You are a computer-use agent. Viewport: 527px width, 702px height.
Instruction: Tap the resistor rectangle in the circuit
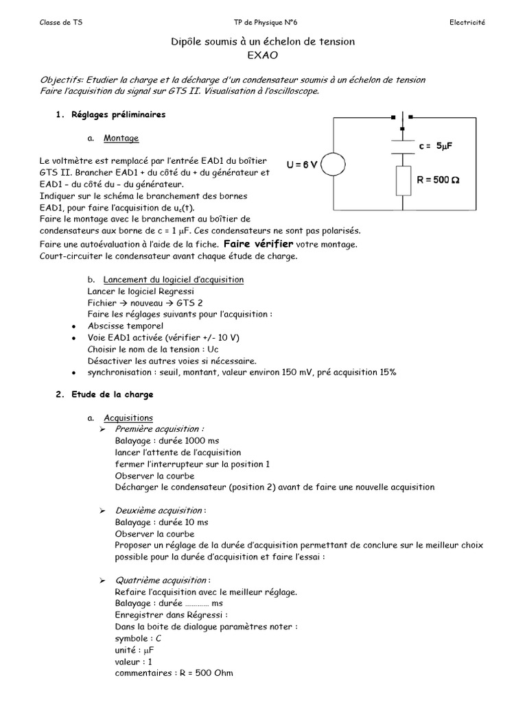coord(403,181)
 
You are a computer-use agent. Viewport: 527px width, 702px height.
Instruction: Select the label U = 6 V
coord(302,165)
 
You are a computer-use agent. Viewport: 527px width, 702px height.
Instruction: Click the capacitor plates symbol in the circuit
coord(403,141)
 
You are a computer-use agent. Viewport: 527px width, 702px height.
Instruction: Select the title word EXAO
coord(263,56)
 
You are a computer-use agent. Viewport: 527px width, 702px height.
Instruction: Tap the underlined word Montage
coord(117,138)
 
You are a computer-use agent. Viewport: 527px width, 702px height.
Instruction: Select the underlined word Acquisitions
coord(128,417)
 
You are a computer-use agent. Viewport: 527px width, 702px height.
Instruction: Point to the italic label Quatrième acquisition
coord(153,580)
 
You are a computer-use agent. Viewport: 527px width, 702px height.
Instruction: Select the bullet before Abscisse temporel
coord(73,326)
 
